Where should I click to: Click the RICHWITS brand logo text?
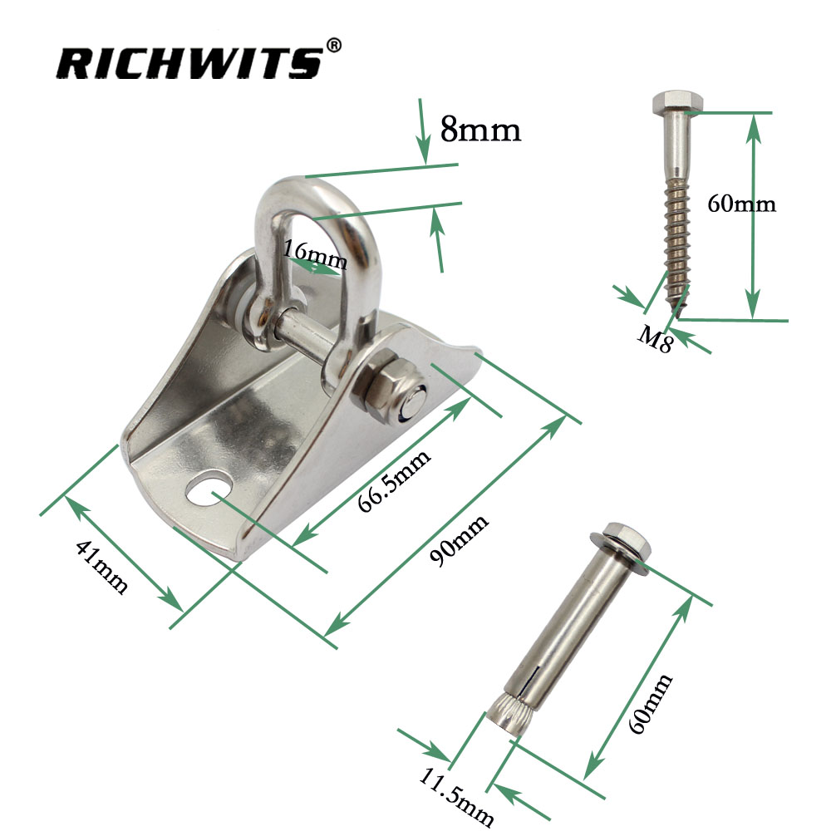(x=188, y=61)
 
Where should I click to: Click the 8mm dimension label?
(x=480, y=130)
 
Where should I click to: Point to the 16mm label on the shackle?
(x=314, y=254)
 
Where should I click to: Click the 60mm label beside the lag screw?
(x=741, y=204)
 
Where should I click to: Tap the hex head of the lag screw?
(x=675, y=104)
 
